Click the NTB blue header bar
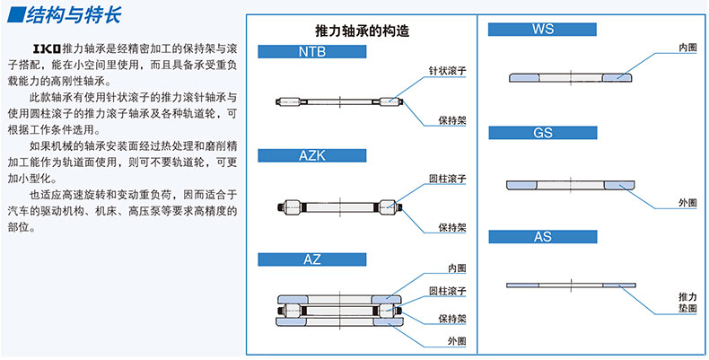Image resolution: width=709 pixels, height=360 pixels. [312, 51]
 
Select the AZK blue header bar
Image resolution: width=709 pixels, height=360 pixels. [312, 155]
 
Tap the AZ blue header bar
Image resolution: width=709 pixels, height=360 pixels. [312, 259]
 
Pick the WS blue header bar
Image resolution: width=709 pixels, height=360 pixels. [542, 30]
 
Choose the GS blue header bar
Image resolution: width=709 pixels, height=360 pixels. [543, 133]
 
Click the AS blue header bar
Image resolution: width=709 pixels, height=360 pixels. [543, 236]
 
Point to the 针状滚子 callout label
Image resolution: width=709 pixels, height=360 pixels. [447, 71]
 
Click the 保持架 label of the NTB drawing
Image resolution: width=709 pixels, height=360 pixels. [452, 121]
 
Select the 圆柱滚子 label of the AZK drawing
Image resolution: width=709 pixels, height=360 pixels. [447, 179]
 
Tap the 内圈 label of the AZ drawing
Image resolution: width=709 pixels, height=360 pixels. [457, 268]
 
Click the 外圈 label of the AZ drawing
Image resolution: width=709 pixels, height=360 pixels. [457, 341]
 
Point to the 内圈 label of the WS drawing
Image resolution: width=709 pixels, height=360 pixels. [687, 48]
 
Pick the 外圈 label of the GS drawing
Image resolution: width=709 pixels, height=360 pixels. [687, 203]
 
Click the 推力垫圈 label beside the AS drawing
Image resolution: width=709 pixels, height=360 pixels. [687, 303]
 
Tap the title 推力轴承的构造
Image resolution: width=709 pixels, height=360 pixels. [363, 31]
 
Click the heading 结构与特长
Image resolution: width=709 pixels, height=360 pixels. [74, 15]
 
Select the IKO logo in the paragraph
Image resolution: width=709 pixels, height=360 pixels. [47, 48]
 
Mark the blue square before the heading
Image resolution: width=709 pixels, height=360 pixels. [16, 14]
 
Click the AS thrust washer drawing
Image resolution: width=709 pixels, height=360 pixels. [571, 285]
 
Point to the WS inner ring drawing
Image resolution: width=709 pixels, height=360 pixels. [571, 78]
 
